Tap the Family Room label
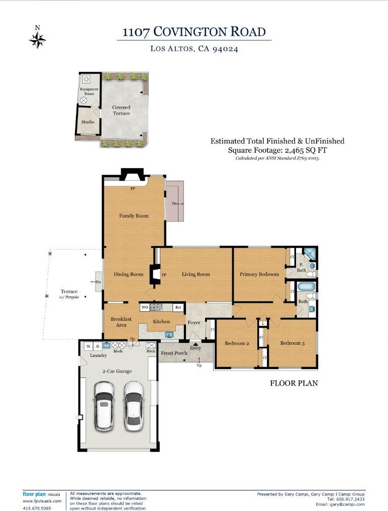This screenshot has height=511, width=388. [134, 216]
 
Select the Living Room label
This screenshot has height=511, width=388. [196, 275]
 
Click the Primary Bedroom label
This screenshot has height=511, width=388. [259, 275]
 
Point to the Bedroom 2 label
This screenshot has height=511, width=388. [237, 343]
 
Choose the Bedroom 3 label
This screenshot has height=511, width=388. [293, 343]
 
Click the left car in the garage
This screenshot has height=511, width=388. [104, 406]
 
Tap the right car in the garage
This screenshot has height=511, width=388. [134, 406]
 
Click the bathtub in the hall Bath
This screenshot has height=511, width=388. [307, 287]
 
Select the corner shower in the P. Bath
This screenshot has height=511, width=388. [310, 254]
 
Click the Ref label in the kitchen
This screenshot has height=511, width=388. [178, 307]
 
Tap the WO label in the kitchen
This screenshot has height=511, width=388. [145, 307]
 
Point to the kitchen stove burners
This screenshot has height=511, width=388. [156, 307]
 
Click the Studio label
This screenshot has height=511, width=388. [88, 122]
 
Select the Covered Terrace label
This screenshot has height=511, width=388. [122, 110]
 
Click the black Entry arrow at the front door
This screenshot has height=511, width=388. [195, 343]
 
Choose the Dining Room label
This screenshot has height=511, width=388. [129, 274]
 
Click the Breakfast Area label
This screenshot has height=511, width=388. [121, 322]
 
